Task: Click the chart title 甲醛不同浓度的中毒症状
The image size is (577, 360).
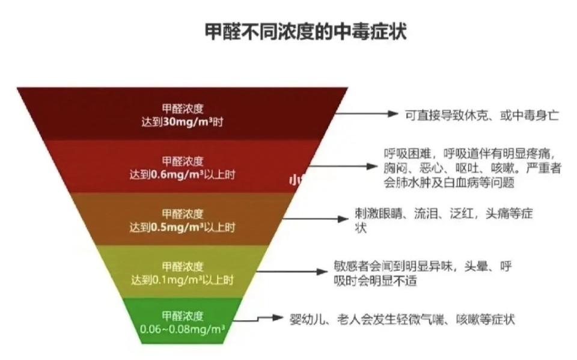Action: (x=305, y=31)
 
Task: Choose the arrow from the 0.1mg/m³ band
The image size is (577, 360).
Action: (x=291, y=272)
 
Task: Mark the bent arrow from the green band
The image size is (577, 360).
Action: (x=258, y=318)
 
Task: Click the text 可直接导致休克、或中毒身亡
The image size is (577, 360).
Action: (x=482, y=115)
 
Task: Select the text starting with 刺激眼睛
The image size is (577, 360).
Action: (x=444, y=221)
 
